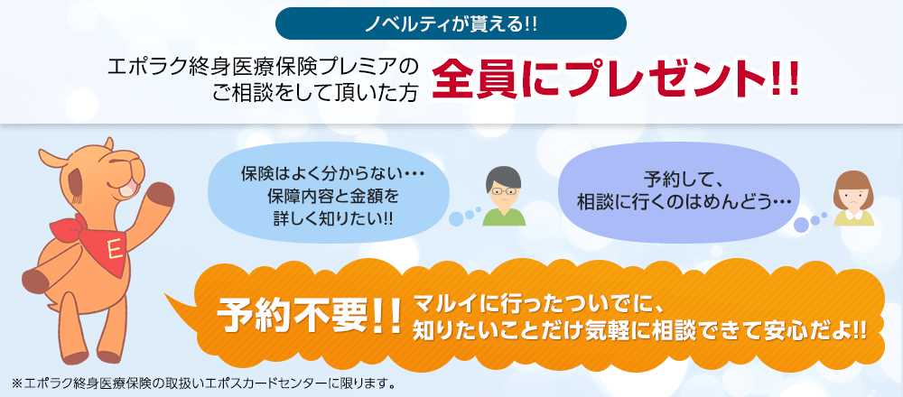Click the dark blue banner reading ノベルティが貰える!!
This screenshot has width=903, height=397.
pos(451,23)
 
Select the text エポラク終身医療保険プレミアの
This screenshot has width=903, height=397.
pos(263,67)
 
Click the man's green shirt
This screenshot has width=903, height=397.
pos(504,217)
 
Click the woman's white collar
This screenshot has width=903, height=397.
pos(854,214)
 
